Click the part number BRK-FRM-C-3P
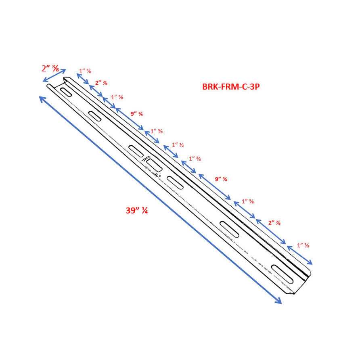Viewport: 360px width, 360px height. pyautogui.click(x=230, y=86)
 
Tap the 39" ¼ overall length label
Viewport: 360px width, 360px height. pyautogui.click(x=136, y=210)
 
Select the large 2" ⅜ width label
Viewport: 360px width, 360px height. pyautogui.click(x=50, y=69)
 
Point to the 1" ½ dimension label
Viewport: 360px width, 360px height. pyautogui.click(x=178, y=144)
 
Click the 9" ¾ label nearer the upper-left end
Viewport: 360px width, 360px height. pyautogui.click(x=136, y=114)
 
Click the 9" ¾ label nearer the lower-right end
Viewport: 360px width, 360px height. pyautogui.click(x=221, y=179)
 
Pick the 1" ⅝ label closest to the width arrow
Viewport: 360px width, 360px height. pyautogui.click(x=85, y=71)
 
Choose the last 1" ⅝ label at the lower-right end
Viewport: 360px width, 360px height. pyautogui.click(x=303, y=245)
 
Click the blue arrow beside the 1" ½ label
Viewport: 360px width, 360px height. pyautogui.click(x=171, y=152)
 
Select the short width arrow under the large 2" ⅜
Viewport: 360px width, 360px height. pyautogui.click(x=54, y=75)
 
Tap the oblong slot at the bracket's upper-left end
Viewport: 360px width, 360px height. pyautogui.click(x=66, y=91)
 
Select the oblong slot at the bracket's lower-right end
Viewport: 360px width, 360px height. pyautogui.click(x=283, y=273)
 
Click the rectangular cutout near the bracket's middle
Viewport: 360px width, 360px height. pyautogui.click(x=154, y=164)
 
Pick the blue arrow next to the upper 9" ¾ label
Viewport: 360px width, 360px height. pyautogui.click(x=129, y=119)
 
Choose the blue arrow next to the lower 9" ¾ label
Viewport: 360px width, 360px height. pyautogui.click(x=214, y=186)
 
